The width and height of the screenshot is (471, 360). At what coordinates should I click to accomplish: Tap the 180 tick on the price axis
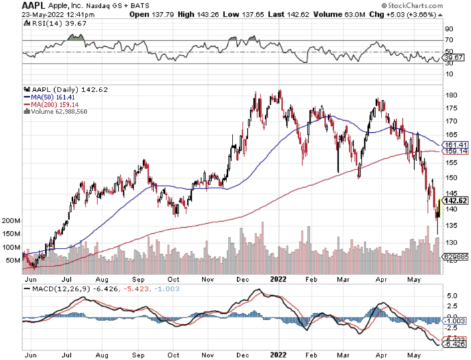pos(452,96)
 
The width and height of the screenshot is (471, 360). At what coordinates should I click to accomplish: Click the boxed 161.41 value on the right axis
pos(456,145)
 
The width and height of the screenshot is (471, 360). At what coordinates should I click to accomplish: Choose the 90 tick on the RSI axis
pos(449,29)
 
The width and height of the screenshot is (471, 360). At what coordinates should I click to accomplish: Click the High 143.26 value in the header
pos(196,13)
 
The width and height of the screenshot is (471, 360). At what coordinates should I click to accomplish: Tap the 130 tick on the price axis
pos(452,242)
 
